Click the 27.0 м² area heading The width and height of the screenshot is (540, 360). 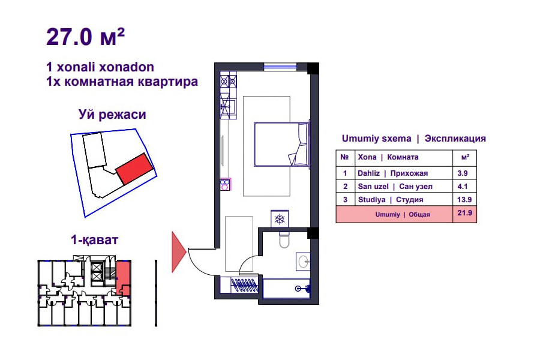coord(85,37)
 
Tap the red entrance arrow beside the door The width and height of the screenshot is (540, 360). coord(179,252)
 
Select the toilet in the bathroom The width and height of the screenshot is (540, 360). coord(284,239)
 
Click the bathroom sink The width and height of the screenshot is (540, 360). coord(303,262)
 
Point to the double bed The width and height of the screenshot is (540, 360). coord(281,145)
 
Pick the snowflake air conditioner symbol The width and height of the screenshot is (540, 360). coord(279,219)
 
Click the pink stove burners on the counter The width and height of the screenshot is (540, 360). coord(225,184)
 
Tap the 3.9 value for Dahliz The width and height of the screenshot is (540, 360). coord(462,173)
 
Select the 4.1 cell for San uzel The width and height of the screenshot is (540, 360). coord(462,187)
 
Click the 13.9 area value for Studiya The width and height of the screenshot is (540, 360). coord(464,199)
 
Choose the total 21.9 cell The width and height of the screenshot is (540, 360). coord(464,213)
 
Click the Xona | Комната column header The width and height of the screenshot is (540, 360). coord(388,157)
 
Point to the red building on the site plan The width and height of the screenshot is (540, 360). coord(134,169)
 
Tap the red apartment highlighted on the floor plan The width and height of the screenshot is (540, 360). coord(123,277)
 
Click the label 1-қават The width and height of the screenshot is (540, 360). coord(94,240)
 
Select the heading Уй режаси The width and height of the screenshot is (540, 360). coord(112,115)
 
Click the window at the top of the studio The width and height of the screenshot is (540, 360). coord(280,67)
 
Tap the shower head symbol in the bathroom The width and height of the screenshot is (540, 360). coord(303,289)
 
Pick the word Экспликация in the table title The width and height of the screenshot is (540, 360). coord(455,139)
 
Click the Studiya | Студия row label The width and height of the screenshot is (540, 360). coord(391,200)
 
